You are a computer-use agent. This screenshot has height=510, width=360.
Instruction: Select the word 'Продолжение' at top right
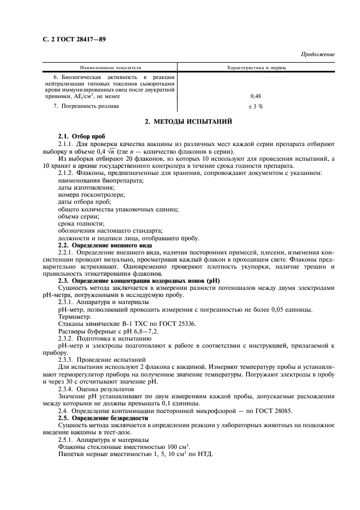click(318, 54)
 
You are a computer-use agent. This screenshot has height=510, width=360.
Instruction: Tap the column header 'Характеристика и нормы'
click(256, 68)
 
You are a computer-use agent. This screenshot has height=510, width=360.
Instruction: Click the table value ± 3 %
click(255, 106)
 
